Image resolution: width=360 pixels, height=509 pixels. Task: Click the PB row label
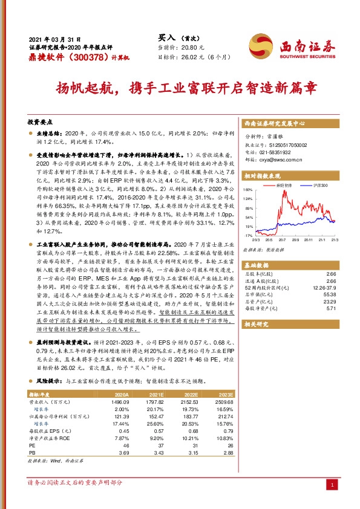pyautogui.click(x=33, y=452)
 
